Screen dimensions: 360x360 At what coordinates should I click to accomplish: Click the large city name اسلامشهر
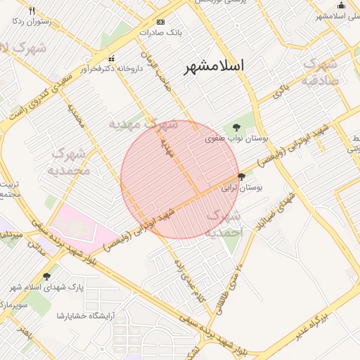click(x=214, y=67)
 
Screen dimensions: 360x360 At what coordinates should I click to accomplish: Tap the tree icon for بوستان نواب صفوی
click(x=236, y=127)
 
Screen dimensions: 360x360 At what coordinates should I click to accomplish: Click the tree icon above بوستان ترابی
click(x=242, y=176)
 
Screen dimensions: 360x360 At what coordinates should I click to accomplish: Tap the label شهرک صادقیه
click(x=323, y=72)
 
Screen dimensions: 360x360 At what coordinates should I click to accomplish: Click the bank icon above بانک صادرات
click(x=161, y=22)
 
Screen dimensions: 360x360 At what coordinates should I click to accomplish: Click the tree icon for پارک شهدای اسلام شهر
click(x=46, y=276)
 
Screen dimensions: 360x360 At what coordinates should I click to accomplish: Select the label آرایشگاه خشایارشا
click(x=88, y=315)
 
